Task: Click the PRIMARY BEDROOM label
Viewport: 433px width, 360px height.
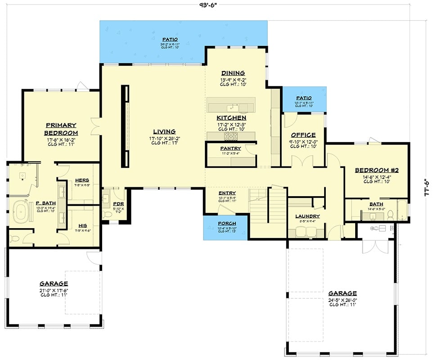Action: tap(61, 129)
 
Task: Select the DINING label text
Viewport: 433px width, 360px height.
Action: tap(233, 73)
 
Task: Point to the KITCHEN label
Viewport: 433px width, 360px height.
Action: tap(231, 118)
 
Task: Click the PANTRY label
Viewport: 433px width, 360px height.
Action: tap(230, 148)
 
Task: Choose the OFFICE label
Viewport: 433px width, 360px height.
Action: tap(303, 135)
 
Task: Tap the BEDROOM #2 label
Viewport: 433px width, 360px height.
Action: tap(377, 170)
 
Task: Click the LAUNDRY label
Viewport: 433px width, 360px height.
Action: tap(307, 216)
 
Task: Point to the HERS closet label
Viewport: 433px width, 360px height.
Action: tap(82, 180)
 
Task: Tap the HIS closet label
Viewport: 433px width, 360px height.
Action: tap(82, 225)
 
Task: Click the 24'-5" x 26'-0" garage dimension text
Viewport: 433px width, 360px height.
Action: tap(343, 300)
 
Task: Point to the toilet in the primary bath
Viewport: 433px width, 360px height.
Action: tap(15, 237)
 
